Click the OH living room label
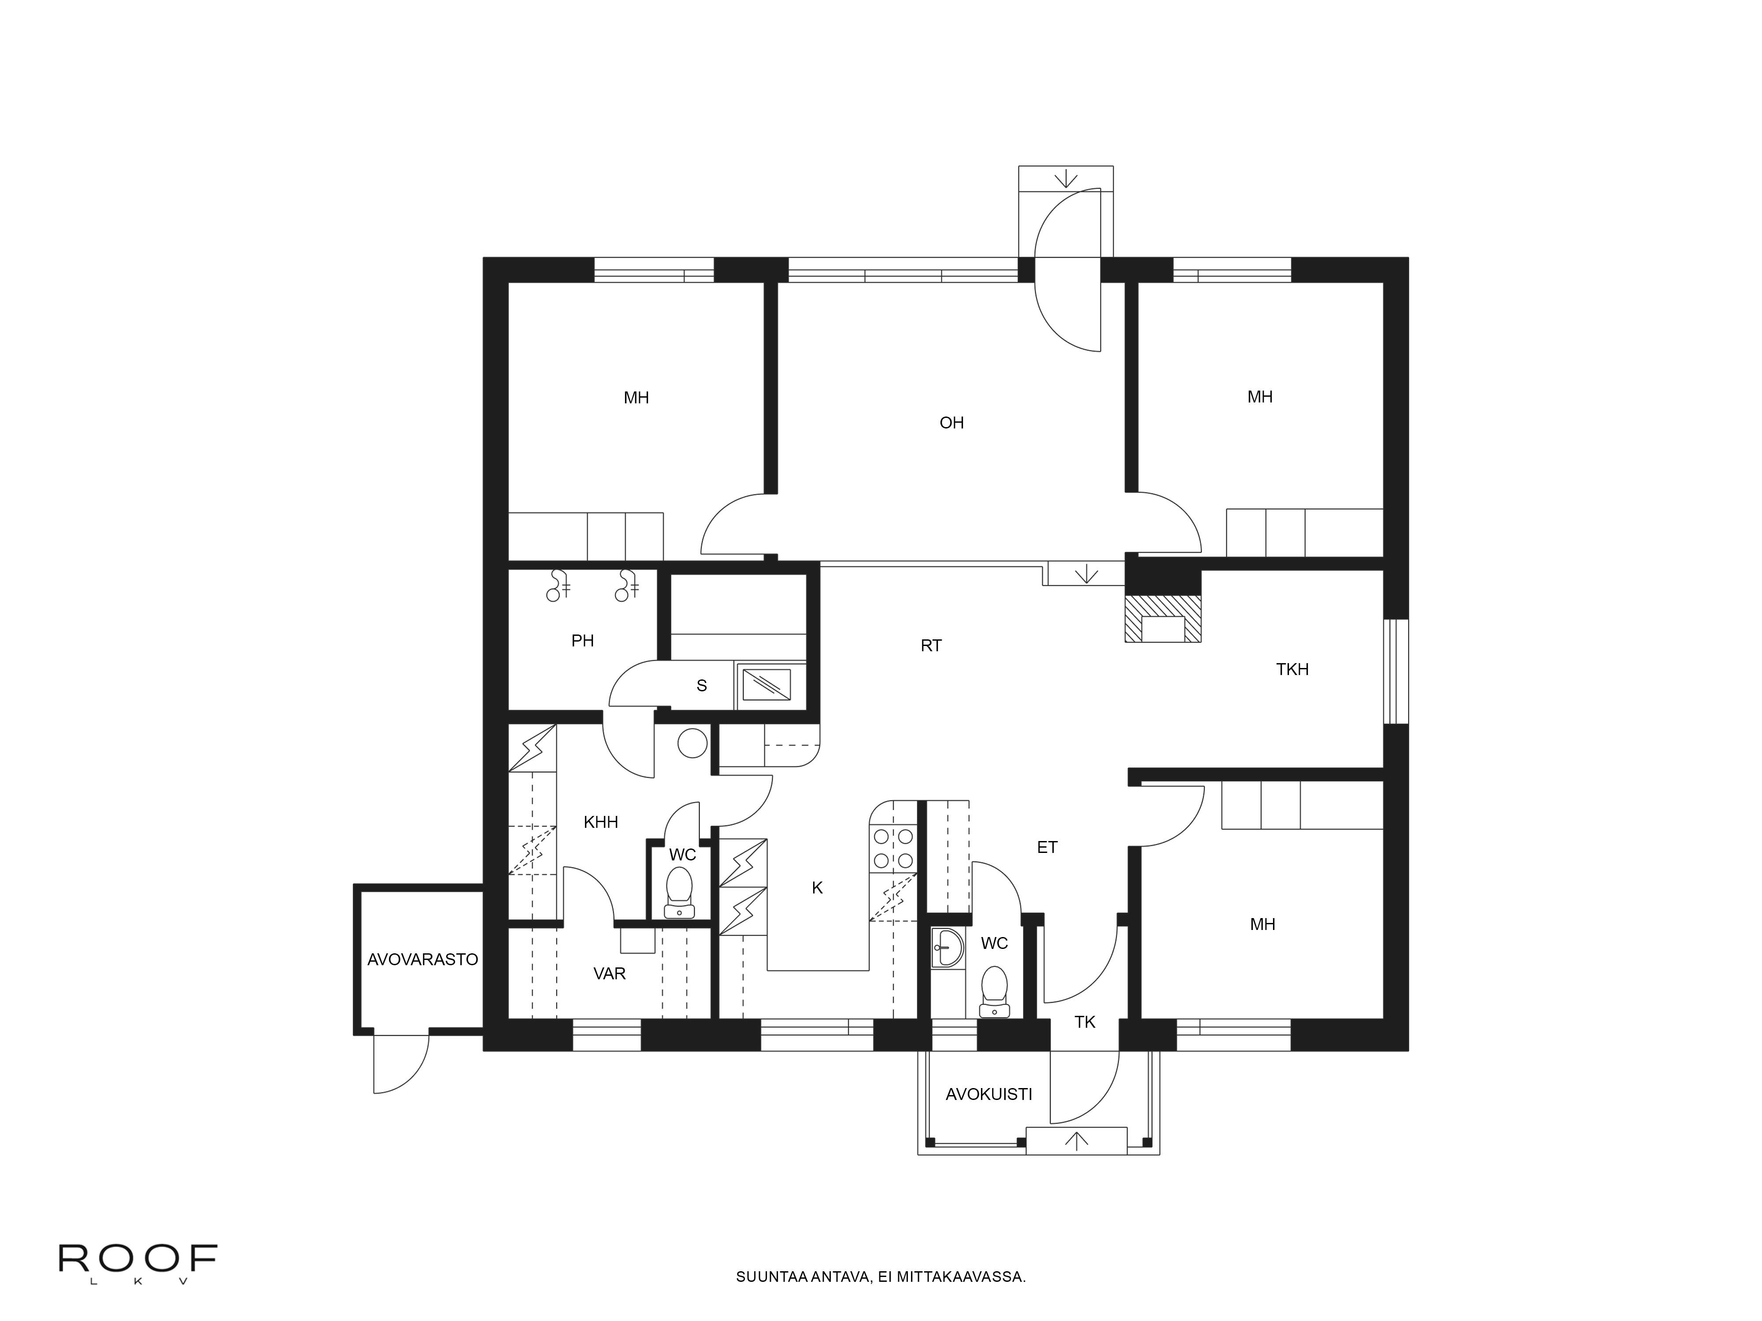[x=952, y=423]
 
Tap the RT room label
[x=931, y=646]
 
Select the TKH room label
[x=1292, y=670]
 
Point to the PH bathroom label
[x=582, y=641]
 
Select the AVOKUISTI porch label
[x=988, y=1095]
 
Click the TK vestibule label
[x=1085, y=1022]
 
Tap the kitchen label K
[x=817, y=888]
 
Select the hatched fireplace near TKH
[x=1162, y=619]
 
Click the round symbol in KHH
[x=692, y=744]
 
